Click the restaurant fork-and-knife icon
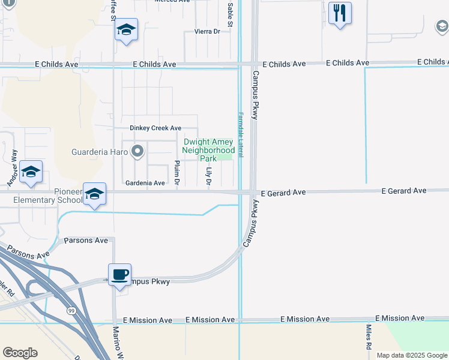point(340,13)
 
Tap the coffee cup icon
point(120,274)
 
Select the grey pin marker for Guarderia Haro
point(137,151)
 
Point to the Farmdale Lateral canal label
point(240,135)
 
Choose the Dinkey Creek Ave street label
point(155,128)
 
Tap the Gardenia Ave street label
point(145,183)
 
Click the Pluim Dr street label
point(176,173)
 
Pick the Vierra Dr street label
point(208,31)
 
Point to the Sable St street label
point(230,10)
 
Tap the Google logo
point(20,353)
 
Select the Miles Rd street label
point(369,337)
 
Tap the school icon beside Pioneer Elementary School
point(94,194)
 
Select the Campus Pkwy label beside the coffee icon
point(149,281)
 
